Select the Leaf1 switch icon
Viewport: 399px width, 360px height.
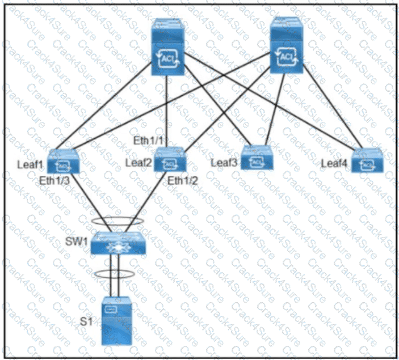(64, 163)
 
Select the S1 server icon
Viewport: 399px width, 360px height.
(116, 321)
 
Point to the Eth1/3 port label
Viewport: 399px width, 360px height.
(55, 180)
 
